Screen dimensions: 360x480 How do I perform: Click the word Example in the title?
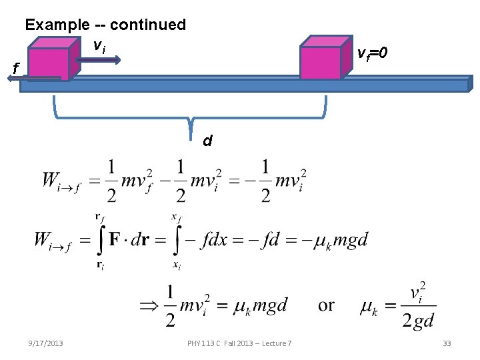click(x=56, y=25)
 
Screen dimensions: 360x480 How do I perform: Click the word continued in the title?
click(x=148, y=25)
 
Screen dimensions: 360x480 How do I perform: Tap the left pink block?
click(x=49, y=63)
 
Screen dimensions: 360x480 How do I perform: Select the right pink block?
click(x=321, y=63)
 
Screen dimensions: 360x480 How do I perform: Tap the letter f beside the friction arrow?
click(x=16, y=67)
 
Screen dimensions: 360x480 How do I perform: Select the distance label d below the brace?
click(x=207, y=141)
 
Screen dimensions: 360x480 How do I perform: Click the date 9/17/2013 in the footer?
click(x=47, y=343)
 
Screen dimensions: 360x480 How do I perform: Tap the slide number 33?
click(x=447, y=343)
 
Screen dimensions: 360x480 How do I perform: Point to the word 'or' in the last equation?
click(x=326, y=305)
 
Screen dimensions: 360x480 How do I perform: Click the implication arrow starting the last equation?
click(x=148, y=305)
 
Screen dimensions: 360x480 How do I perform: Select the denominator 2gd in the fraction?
click(x=417, y=321)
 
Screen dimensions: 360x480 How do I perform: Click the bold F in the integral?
click(x=115, y=239)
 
